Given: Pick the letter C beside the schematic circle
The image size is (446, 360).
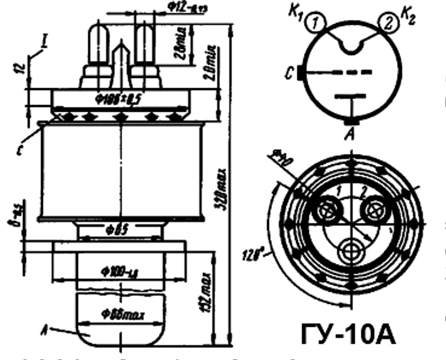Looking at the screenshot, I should (292, 75).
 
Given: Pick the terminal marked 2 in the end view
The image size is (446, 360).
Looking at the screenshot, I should (374, 210).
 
